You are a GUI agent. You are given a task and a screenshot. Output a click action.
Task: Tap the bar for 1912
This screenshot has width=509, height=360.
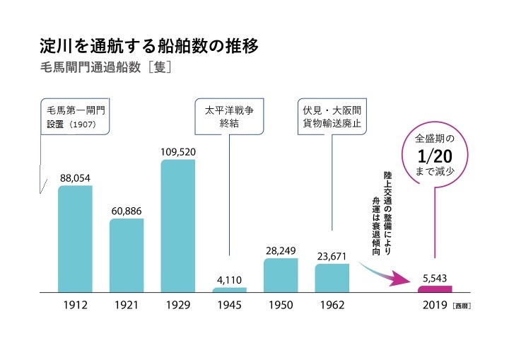coord(75,239)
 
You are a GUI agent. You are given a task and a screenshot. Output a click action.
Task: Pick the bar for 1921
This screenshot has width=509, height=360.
coord(127,255)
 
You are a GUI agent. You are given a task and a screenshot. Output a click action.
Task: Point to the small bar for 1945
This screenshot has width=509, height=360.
coord(230,290)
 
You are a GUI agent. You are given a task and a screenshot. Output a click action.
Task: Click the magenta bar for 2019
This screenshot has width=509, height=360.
coord(435,289)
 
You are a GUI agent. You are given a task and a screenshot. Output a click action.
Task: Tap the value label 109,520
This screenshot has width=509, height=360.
coord(178,151)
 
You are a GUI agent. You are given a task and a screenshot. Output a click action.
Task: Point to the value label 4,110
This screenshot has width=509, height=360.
coord(230,279)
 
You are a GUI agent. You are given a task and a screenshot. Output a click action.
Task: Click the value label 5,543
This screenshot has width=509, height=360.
coord(435,278)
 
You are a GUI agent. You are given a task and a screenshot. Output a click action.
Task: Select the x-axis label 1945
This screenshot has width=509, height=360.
coord(230,306)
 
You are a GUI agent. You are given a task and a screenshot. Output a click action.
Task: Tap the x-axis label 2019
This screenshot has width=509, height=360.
coord(434,306)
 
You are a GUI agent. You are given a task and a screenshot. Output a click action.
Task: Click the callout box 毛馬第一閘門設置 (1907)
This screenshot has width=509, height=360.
coord(76,117)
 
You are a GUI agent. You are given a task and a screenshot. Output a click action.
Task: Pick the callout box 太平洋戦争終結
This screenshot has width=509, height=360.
coord(230,117)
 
